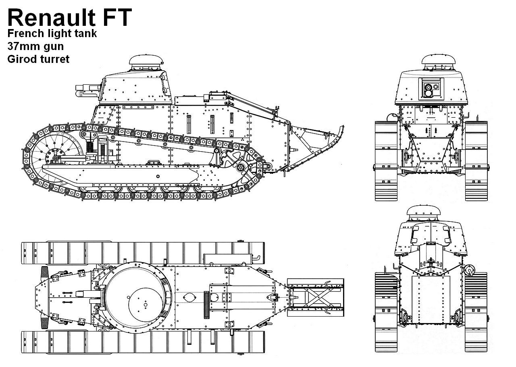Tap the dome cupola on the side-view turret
tap(147, 61)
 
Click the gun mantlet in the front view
tap(432, 88)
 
